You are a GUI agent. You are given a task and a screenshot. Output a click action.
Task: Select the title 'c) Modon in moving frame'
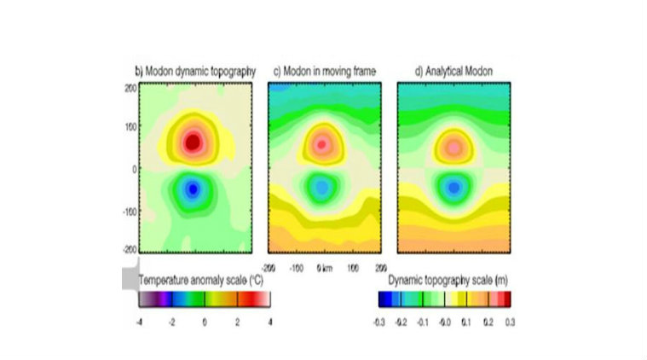(323, 72)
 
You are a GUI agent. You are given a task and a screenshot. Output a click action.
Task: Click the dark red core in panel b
(194, 142)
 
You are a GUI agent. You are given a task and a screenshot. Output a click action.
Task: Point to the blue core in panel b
(193, 188)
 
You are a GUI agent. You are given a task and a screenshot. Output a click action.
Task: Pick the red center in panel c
(321, 144)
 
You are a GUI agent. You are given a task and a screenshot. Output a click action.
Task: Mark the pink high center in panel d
(454, 148)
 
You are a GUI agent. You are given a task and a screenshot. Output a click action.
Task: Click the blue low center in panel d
(453, 185)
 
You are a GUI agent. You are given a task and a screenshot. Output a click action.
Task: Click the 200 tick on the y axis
(131, 87)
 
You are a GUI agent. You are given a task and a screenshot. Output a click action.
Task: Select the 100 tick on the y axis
(131, 128)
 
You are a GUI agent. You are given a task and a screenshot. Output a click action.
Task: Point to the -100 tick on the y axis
(130, 210)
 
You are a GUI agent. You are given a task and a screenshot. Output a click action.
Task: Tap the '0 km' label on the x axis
(324, 267)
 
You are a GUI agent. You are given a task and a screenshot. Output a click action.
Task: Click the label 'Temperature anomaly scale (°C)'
(195, 279)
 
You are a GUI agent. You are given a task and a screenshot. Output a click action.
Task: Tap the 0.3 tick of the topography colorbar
(510, 322)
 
